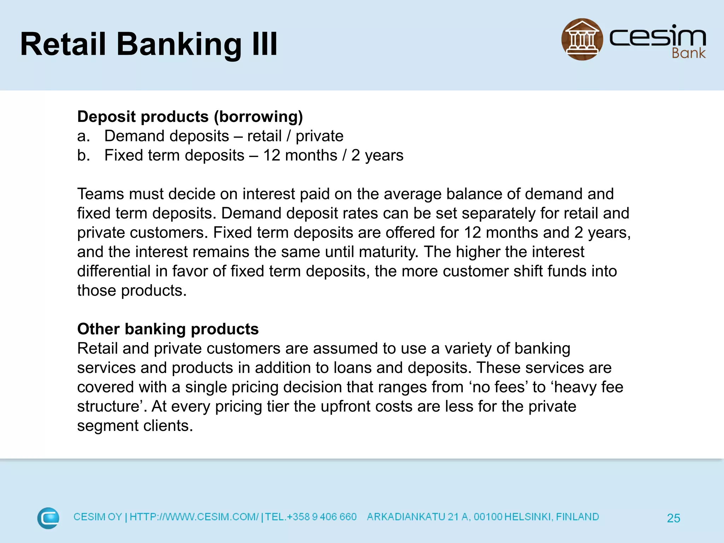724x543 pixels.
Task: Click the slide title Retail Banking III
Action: (148, 44)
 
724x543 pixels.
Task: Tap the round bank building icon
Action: (582, 39)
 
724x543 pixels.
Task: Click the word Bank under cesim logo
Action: (688, 53)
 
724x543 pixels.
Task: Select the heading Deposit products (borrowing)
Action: (190, 117)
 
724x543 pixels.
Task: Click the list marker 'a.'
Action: (83, 136)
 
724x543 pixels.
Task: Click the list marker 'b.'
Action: (83, 156)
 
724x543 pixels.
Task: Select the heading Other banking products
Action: (168, 329)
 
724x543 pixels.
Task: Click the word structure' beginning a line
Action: (112, 407)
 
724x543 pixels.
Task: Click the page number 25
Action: (673, 518)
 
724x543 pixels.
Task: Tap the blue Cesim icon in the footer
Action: (48, 518)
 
